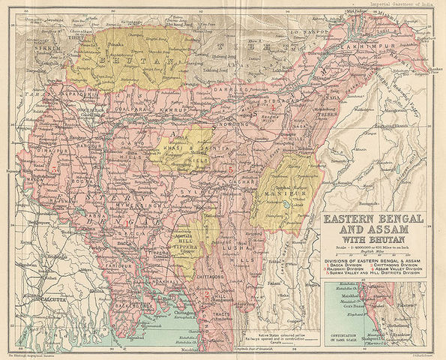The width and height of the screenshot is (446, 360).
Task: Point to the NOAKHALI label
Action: (x=163, y=280)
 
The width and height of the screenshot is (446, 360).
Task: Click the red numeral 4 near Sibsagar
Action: (x=274, y=107)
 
